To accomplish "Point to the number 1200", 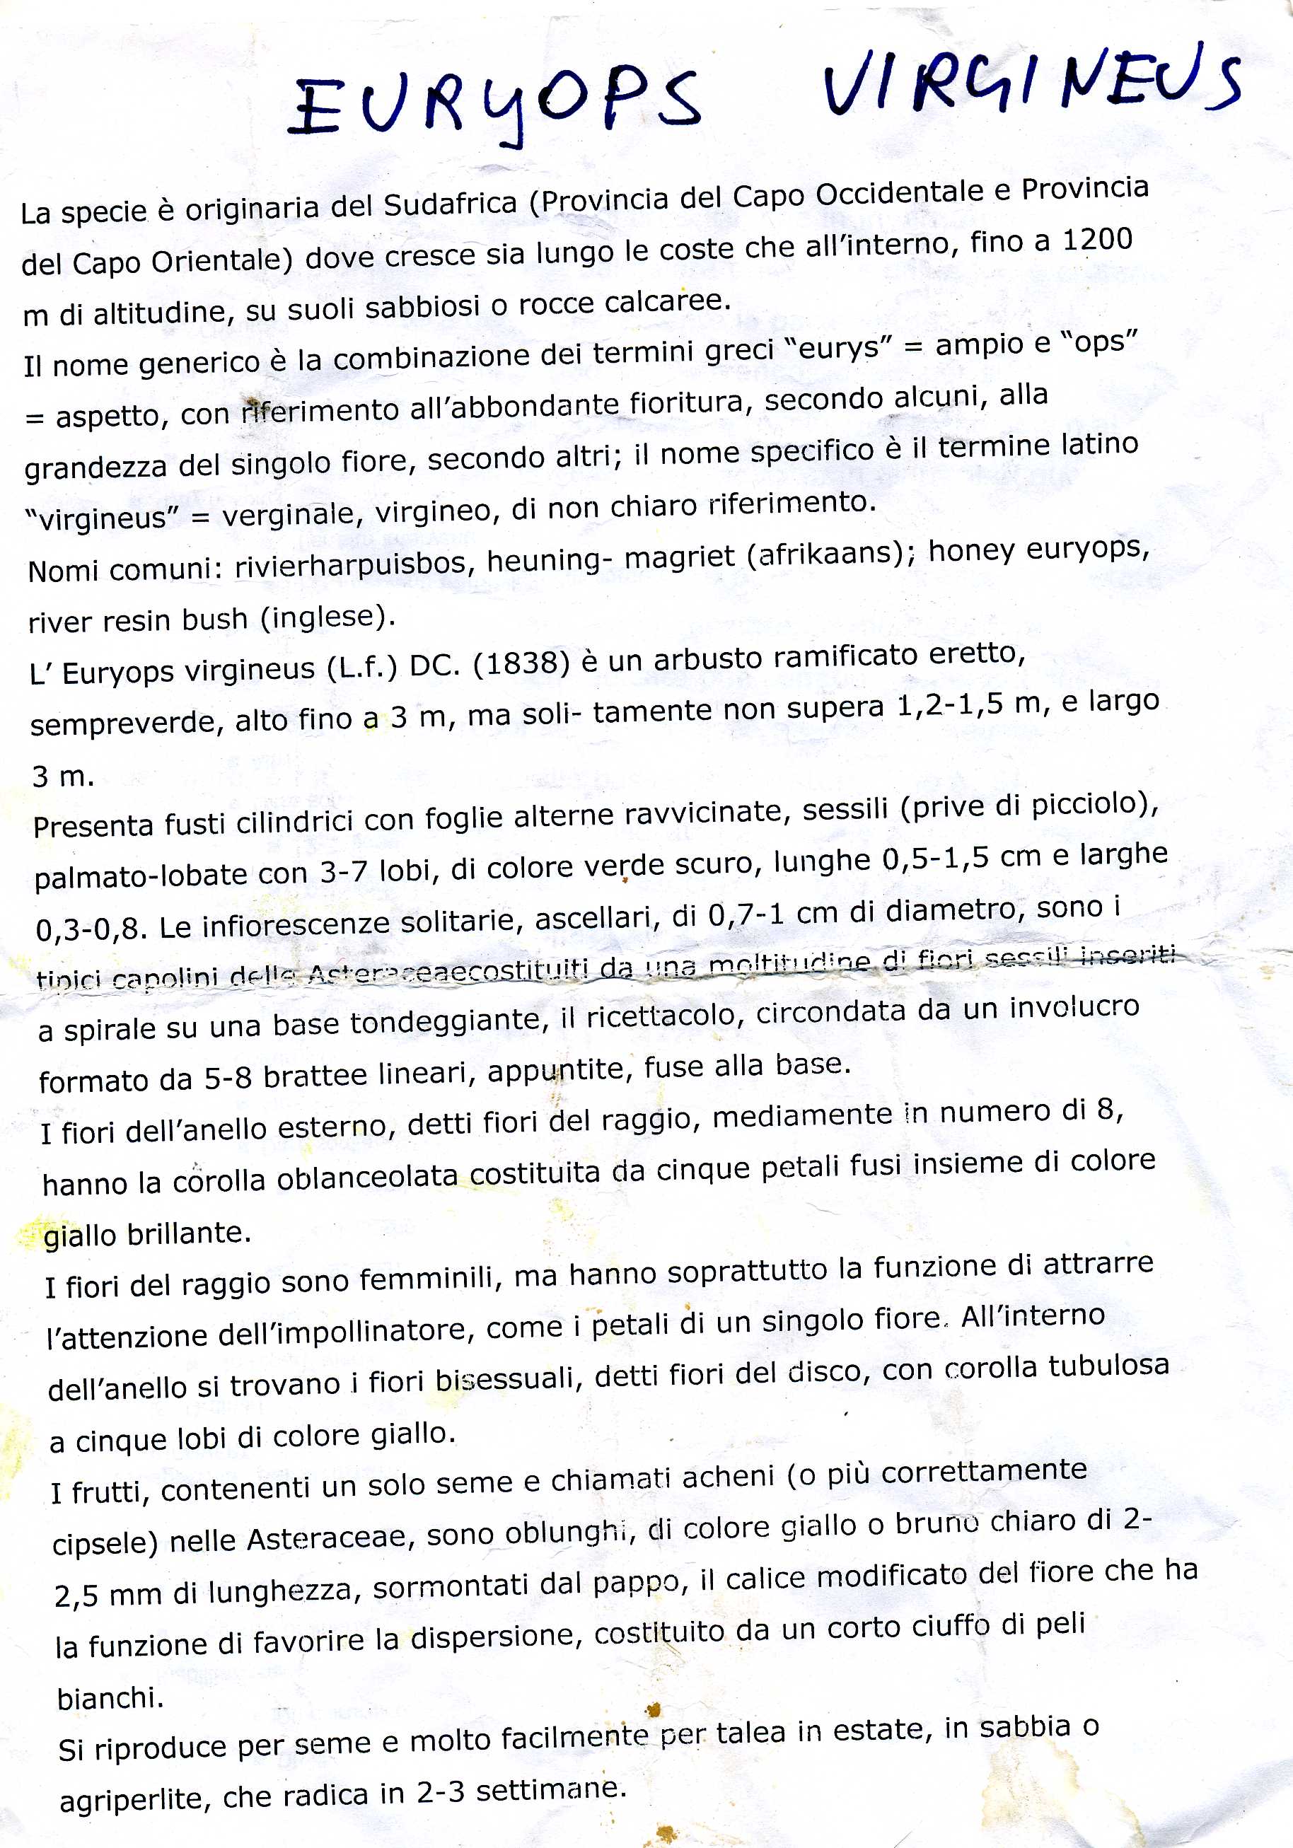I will coord(1096,240).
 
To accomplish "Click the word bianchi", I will coord(110,1697).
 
